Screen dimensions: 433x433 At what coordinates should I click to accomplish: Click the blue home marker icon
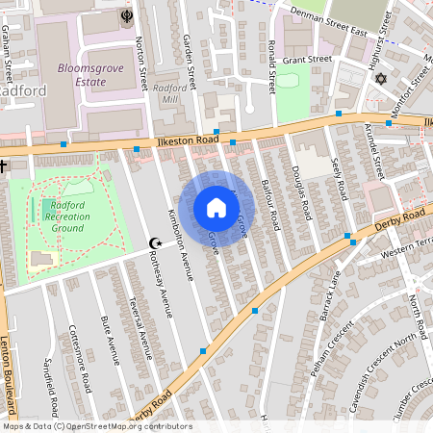click(216, 208)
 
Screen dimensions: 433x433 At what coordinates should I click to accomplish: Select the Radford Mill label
click(170, 92)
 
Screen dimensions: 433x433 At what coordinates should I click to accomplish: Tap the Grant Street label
click(307, 60)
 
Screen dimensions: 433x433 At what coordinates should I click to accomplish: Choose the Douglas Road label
click(299, 189)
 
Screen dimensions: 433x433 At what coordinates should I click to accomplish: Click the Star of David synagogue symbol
click(379, 78)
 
